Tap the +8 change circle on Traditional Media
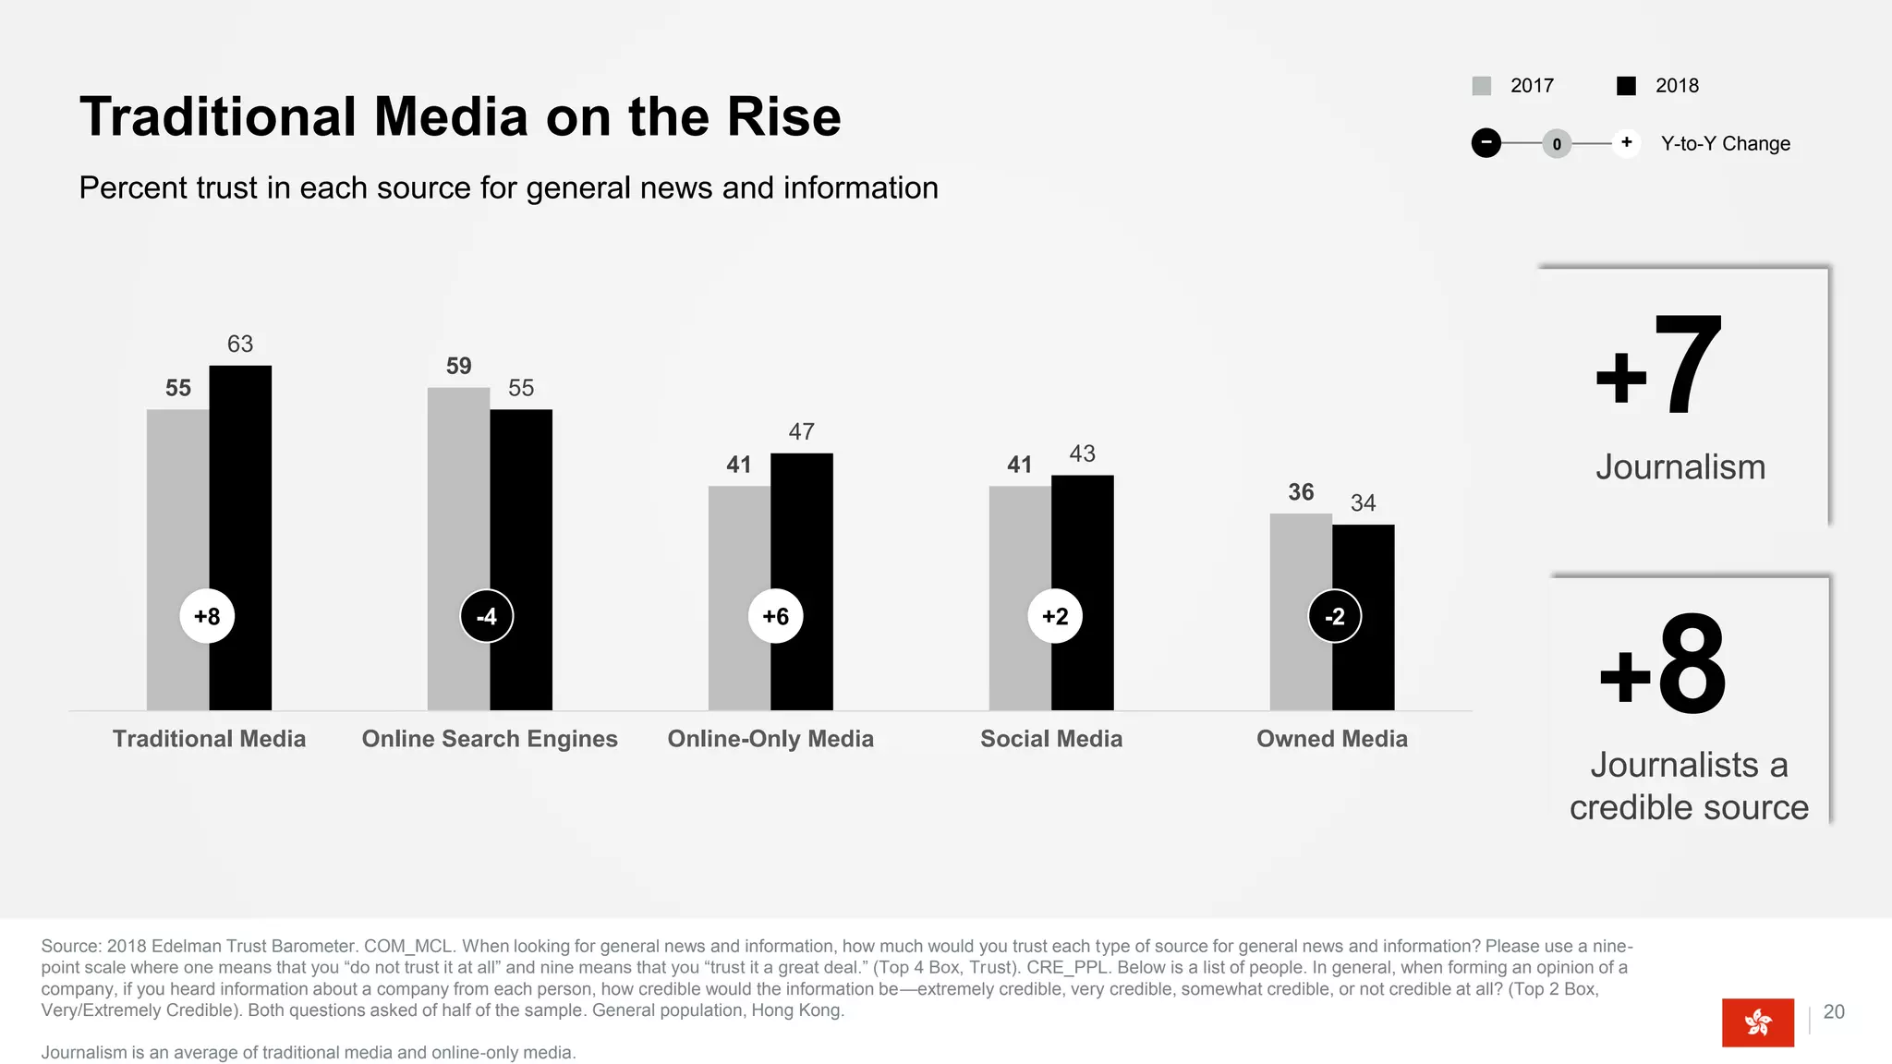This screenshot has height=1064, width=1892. [x=207, y=616]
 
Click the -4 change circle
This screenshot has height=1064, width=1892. [x=487, y=616]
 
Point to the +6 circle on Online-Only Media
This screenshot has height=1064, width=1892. [x=775, y=616]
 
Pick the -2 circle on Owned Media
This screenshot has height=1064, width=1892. [x=1334, y=616]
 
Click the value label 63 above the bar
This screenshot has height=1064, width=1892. [x=240, y=345]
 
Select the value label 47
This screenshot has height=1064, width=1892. [x=801, y=431]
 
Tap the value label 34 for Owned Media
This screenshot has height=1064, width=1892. [x=1363, y=503]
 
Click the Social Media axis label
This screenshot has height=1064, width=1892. [x=1051, y=739]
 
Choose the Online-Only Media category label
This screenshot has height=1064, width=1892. [x=770, y=739]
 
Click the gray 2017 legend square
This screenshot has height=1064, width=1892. [x=1482, y=86]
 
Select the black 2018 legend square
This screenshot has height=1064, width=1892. [x=1627, y=86]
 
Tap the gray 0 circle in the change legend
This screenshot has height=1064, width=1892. [x=1557, y=144]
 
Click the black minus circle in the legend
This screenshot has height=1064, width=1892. [x=1486, y=143]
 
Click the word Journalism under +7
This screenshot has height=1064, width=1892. [x=1680, y=467]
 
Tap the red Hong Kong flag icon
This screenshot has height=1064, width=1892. [x=1757, y=1022]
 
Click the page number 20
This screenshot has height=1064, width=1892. [x=1834, y=1012]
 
